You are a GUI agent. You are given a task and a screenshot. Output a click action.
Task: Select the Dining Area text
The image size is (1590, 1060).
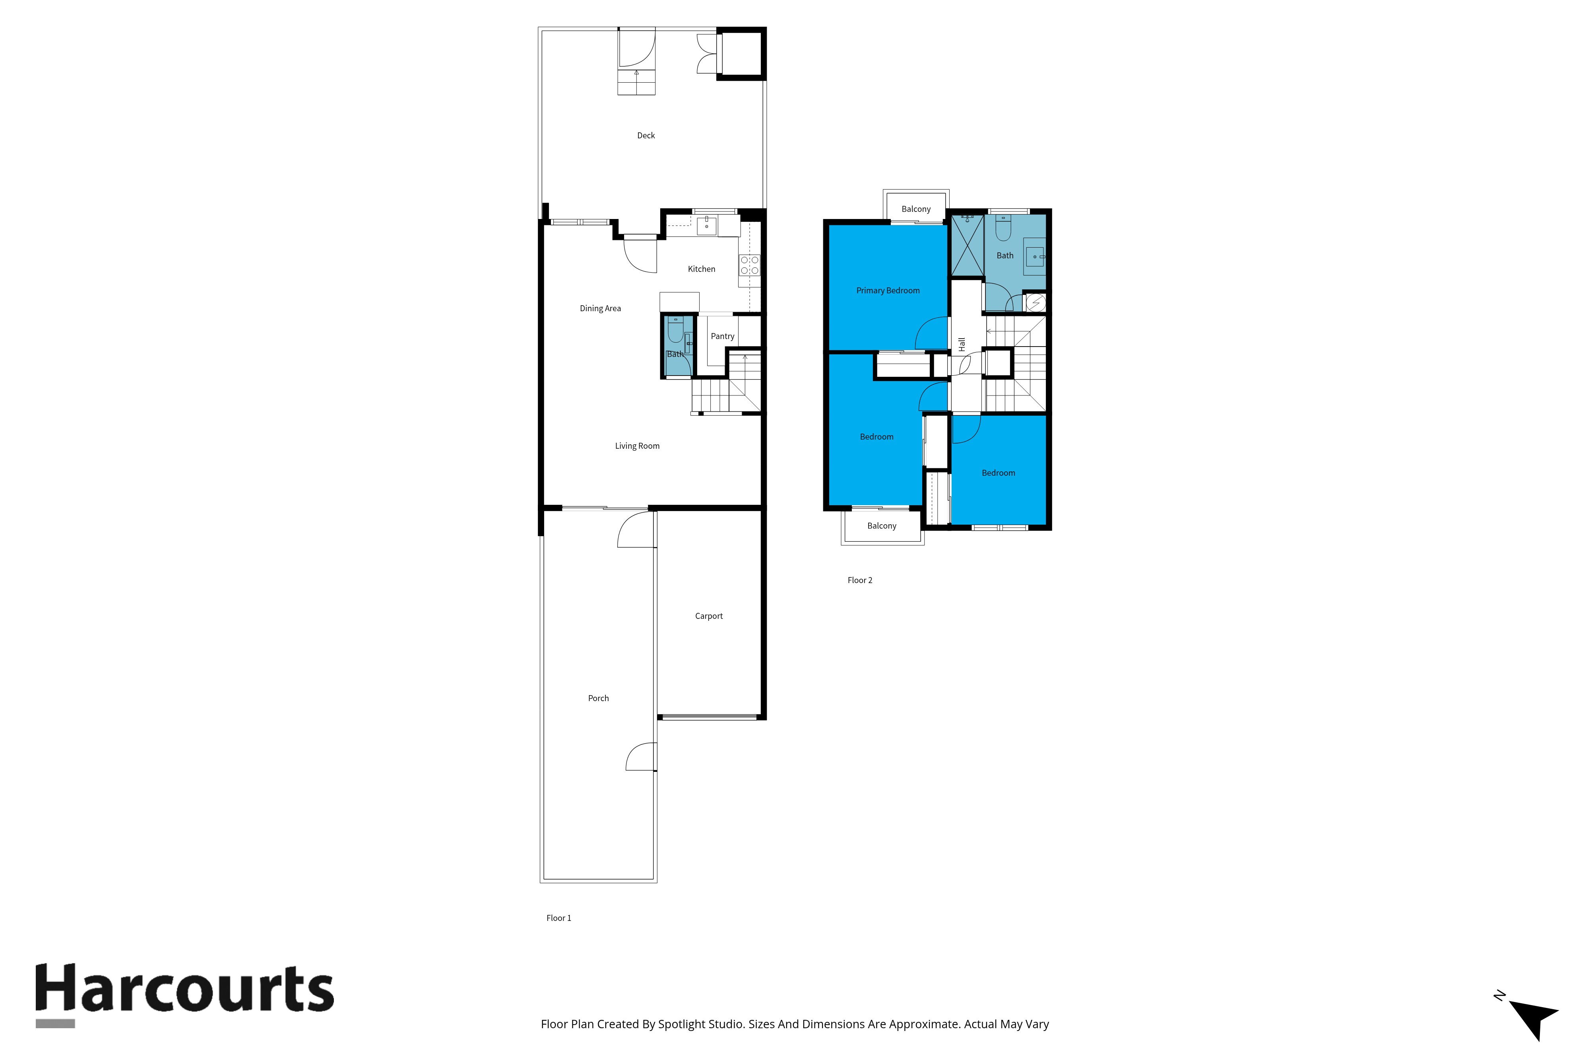(600, 308)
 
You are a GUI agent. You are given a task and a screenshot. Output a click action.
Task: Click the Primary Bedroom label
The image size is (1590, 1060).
(888, 291)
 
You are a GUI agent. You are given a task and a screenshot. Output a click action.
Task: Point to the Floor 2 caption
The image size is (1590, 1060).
(860, 580)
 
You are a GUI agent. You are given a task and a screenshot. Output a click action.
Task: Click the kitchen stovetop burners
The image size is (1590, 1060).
(749, 265)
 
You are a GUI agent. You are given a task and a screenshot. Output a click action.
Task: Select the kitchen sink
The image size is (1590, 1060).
(706, 225)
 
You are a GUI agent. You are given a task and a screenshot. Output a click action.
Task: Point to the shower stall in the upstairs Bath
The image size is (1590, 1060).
(968, 245)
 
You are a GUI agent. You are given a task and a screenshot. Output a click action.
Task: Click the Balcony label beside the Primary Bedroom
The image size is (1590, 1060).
(916, 209)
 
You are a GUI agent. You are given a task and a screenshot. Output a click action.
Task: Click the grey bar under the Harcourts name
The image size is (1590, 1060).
(55, 1023)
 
